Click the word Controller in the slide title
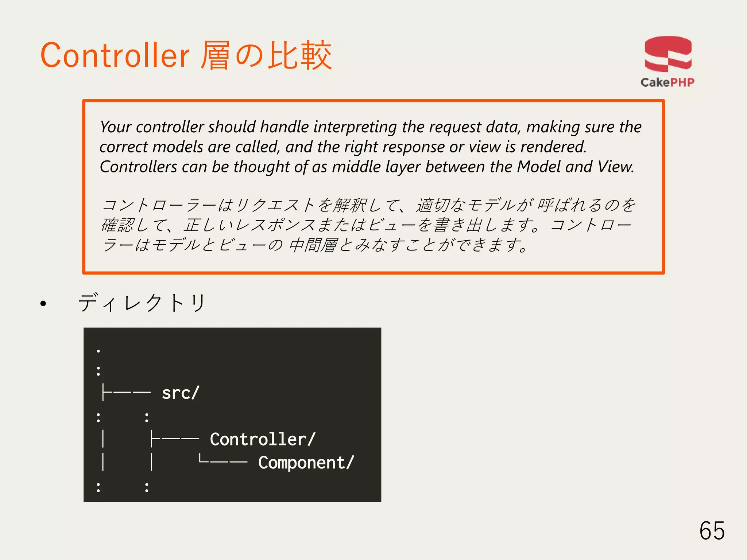point(115,55)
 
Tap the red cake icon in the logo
point(668,54)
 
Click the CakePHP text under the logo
point(667,82)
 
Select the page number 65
point(712,530)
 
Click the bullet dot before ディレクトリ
point(43,303)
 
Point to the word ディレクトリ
point(142,303)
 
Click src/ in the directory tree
point(181,393)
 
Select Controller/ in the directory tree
point(263,439)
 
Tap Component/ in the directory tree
point(306,463)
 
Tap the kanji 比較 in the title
point(300,55)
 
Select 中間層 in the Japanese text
point(313,245)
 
